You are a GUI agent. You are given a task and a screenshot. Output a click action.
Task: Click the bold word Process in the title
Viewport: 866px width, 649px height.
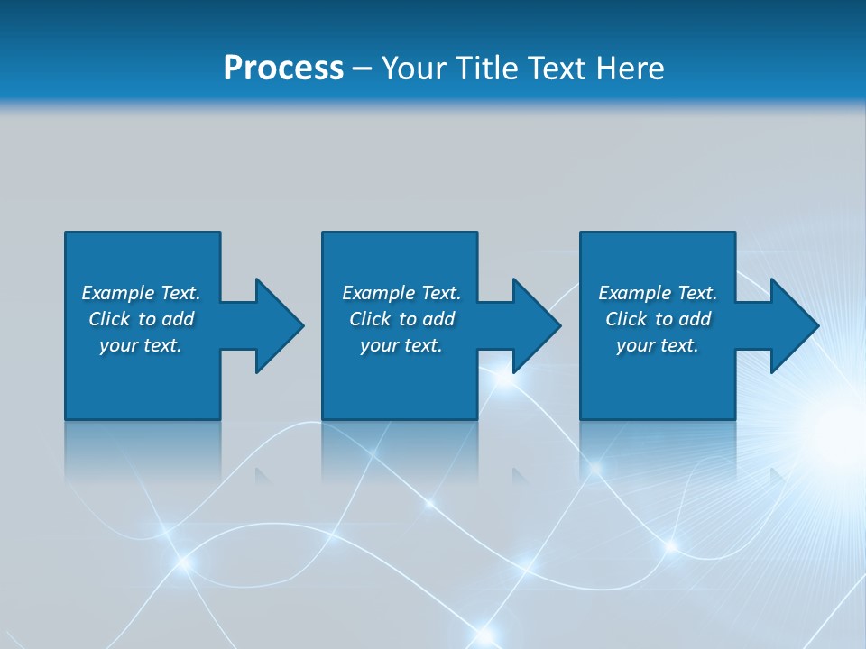pos(283,68)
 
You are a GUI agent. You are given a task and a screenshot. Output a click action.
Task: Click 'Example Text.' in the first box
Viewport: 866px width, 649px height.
pos(141,293)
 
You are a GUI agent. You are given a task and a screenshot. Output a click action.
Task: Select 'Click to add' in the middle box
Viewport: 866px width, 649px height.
pos(401,319)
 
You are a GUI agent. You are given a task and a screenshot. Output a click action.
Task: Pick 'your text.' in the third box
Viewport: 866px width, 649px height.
pos(658,345)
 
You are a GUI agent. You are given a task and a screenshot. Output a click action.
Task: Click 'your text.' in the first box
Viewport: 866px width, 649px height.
pos(141,345)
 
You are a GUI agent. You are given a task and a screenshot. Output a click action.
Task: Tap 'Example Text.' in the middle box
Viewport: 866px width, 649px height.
pos(401,293)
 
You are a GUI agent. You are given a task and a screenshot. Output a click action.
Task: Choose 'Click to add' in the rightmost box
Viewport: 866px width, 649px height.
pos(658,319)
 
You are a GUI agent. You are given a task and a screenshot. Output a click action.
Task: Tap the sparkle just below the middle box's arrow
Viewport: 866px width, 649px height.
pos(506,378)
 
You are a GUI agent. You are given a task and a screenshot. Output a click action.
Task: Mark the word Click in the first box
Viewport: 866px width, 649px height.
pos(109,319)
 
